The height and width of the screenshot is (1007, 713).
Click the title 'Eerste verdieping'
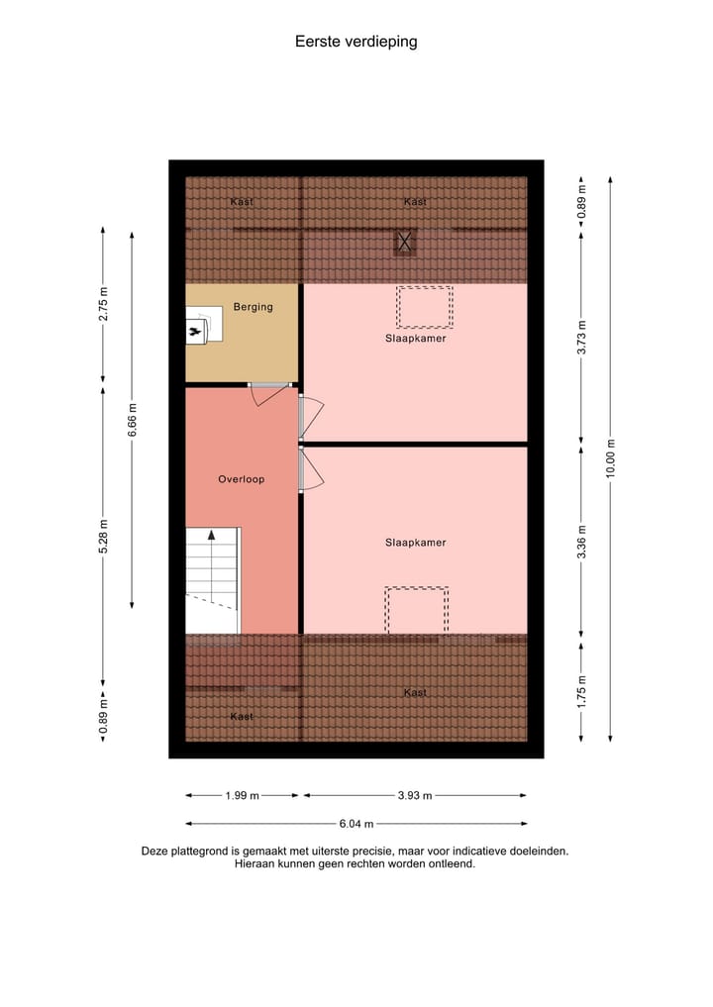356,42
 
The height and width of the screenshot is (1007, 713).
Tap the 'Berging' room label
253,307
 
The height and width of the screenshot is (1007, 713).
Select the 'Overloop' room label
242,479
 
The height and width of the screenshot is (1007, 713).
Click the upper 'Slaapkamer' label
415,339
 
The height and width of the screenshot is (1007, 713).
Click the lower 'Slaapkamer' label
415,543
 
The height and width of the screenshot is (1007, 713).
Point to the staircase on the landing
212,579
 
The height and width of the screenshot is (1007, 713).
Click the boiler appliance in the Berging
199,326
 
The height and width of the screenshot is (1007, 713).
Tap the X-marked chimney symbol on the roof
404,241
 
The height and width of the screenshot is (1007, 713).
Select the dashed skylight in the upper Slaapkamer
424,307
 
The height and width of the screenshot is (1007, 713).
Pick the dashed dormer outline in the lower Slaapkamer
416,610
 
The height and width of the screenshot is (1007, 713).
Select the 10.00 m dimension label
611,458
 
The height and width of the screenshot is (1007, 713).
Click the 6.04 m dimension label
356,823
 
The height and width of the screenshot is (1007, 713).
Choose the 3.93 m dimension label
415,795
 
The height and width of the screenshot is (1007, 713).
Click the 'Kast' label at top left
241,202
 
